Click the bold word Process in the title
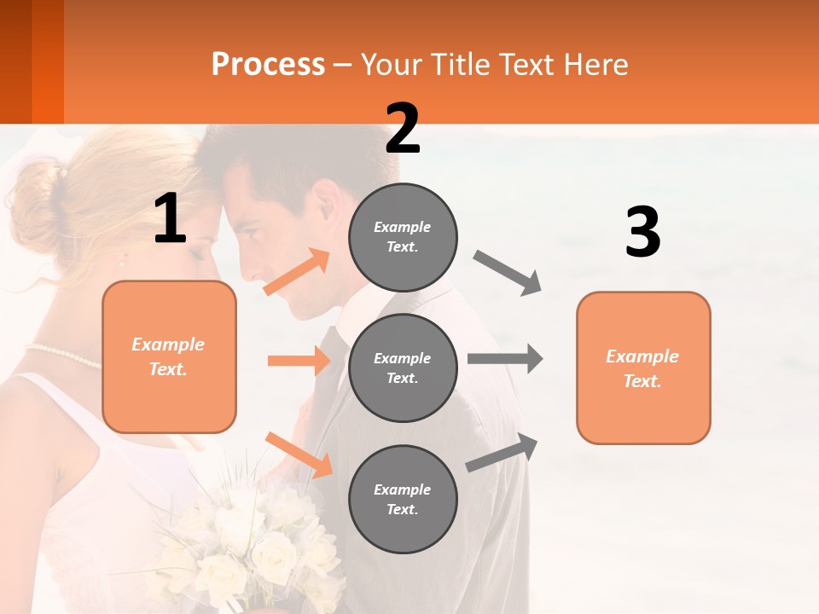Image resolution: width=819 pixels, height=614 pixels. tap(268, 64)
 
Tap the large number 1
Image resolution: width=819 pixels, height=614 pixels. tap(170, 219)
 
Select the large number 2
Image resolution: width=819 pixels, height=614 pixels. tap(403, 129)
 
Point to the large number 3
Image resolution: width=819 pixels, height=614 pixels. tap(642, 233)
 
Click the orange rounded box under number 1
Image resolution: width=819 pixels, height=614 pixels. tap(169, 356)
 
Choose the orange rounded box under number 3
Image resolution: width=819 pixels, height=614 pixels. tap(643, 368)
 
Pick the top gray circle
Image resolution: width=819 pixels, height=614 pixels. tap(403, 237)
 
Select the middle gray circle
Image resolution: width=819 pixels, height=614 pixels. tap(403, 368)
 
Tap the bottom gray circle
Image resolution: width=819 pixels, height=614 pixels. tap(403, 499)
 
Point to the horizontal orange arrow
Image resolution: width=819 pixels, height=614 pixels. tap(299, 361)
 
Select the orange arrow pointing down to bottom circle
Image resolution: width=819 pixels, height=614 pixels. tap(299, 455)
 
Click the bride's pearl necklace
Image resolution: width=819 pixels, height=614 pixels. tap(64, 355)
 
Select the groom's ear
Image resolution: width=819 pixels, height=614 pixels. tap(326, 207)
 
